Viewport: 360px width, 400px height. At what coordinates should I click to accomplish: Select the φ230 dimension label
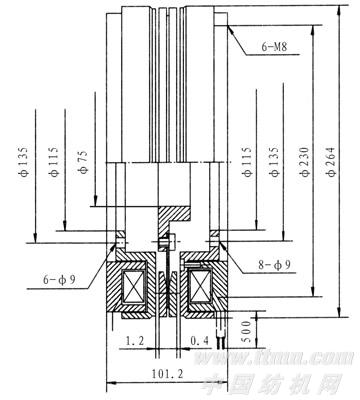tap(302, 165)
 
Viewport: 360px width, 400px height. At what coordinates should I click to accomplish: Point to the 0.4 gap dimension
tap(199, 342)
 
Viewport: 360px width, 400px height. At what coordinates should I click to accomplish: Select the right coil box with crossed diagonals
tap(201, 291)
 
